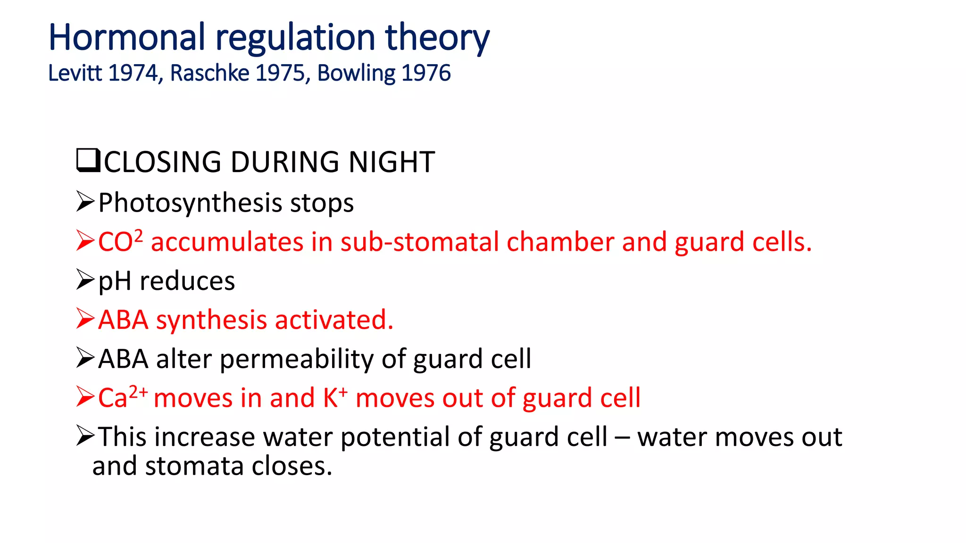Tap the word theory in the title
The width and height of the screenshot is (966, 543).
click(437, 38)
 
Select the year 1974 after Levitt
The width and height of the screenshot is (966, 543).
click(133, 73)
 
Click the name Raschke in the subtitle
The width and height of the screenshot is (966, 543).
click(209, 73)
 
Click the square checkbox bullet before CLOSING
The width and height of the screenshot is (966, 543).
click(88, 160)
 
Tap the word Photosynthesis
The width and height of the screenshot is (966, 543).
click(190, 203)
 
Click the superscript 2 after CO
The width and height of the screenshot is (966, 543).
click(138, 236)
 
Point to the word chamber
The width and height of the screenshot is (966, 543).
click(560, 242)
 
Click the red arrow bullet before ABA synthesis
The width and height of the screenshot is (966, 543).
click(85, 319)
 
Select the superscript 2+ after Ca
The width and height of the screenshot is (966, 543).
click(138, 392)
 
